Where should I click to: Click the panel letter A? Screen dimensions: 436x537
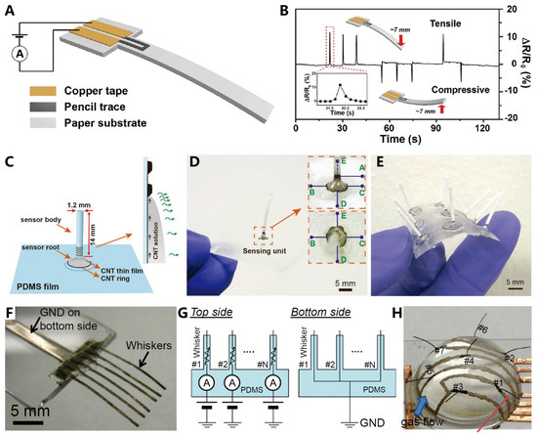pos(9,9)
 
